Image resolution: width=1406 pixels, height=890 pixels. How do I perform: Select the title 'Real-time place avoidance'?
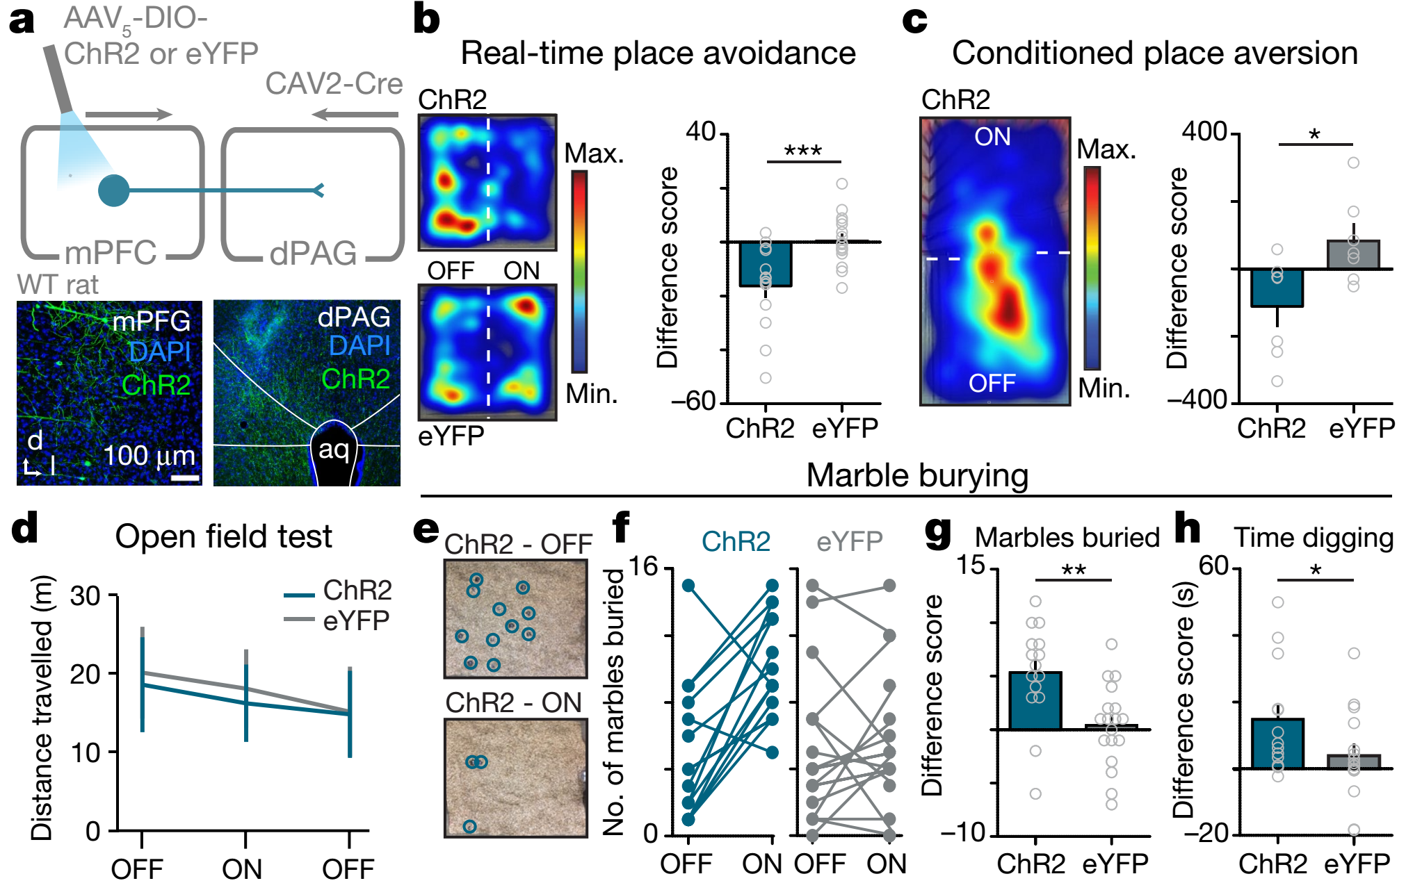point(658,53)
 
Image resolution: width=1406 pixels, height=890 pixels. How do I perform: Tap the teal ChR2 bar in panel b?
point(765,264)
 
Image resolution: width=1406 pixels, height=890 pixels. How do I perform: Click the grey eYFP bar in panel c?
point(1352,255)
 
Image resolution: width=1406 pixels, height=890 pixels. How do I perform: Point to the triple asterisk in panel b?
point(802,151)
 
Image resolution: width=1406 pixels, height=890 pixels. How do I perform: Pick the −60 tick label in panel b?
point(693,401)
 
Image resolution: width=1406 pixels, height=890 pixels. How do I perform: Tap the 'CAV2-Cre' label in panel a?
point(334,84)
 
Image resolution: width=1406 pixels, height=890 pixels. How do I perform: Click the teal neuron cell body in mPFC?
point(114,190)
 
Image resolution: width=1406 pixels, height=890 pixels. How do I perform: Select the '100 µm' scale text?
point(149,456)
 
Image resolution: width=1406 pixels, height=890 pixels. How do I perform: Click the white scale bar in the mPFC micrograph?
point(185,478)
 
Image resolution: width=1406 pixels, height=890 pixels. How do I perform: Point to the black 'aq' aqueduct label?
point(334,450)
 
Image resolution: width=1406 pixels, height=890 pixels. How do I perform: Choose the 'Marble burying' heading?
point(916,476)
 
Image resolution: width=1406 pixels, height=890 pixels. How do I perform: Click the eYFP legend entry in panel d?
point(337,620)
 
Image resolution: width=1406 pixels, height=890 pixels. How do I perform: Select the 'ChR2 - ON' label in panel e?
point(513,703)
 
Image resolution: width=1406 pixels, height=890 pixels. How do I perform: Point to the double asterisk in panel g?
point(1073,570)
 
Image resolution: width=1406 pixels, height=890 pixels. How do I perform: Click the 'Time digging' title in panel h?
point(1314,538)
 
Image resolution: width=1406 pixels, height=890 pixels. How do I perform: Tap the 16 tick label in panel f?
point(643,567)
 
